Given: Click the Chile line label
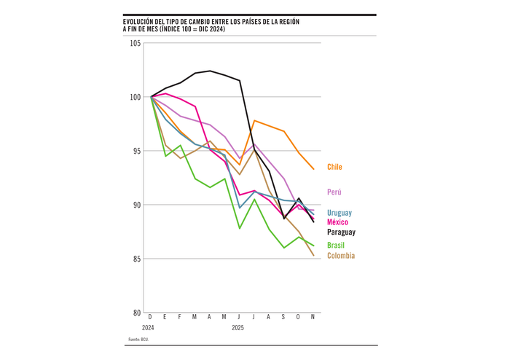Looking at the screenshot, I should pyautogui.click(x=334, y=168).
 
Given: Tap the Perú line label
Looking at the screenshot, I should pyautogui.click(x=334, y=192).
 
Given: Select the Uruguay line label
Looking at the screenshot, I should pyautogui.click(x=338, y=213).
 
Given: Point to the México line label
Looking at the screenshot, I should pyautogui.click(x=337, y=222).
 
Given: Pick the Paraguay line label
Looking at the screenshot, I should pyautogui.click(x=341, y=232).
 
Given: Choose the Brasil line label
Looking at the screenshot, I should pyautogui.click(x=336, y=246).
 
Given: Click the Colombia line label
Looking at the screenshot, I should pyautogui.click(x=341, y=256).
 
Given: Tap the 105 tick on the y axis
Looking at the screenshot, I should pyautogui.click(x=136, y=43).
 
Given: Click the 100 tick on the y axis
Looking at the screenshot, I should pyautogui.click(x=136, y=97).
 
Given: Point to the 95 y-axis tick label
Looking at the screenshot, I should pyautogui.click(x=137, y=151).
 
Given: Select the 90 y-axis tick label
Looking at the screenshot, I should pyautogui.click(x=137, y=205).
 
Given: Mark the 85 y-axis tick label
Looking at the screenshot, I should pyautogui.click(x=137, y=259).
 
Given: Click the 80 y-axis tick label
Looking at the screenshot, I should pyautogui.click(x=137, y=313).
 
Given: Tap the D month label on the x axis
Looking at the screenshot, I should pyautogui.click(x=150, y=317).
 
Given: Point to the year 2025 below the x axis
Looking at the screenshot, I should pyautogui.click(x=238, y=327).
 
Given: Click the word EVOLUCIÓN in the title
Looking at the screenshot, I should pyautogui.click(x=143, y=22).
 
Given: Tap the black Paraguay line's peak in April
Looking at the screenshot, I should pyautogui.click(x=210, y=71).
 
